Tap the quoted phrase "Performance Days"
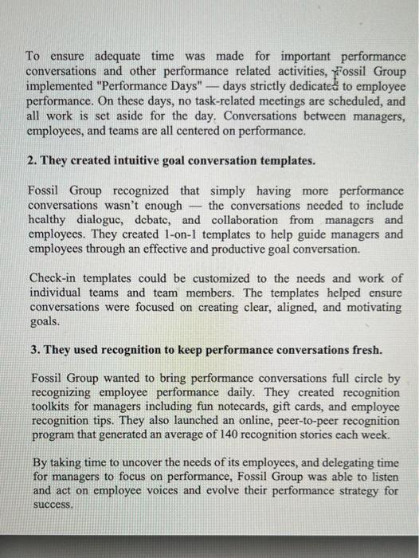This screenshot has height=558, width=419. point(151,87)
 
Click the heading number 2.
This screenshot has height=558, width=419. point(31,160)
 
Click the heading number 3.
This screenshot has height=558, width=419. point(31,351)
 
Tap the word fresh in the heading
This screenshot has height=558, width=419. point(366,351)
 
